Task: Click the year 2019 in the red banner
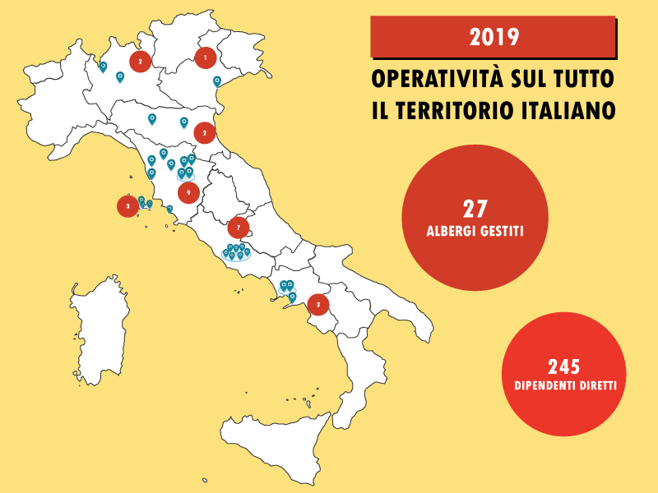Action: [493, 37]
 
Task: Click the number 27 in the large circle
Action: [475, 209]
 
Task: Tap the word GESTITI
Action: [503, 233]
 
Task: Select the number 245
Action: [564, 366]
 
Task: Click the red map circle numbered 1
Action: [205, 58]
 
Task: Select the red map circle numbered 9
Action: [188, 192]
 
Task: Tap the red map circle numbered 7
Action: [238, 226]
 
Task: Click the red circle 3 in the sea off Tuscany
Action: [127, 205]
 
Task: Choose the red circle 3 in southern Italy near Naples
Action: [317, 304]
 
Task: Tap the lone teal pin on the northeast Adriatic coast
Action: [217, 81]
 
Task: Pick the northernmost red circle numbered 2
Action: [141, 60]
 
